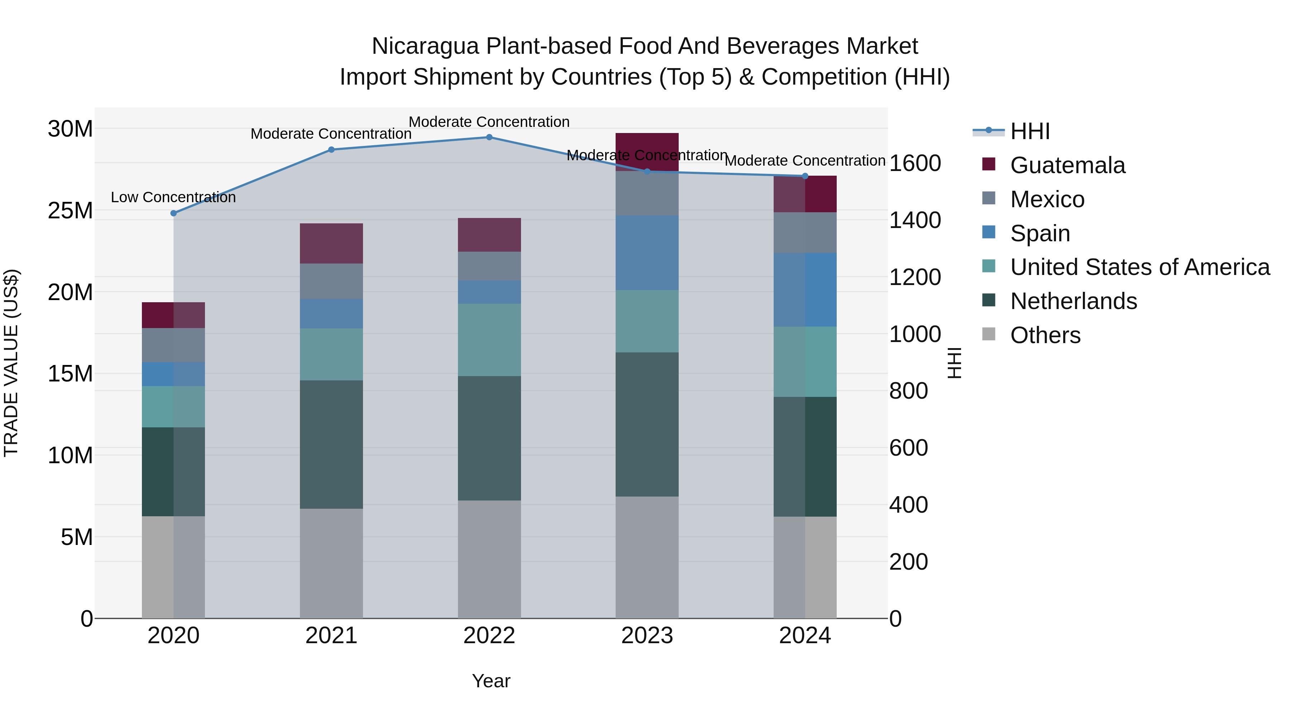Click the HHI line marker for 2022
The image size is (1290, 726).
coord(489,137)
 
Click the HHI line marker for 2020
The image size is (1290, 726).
coord(174,213)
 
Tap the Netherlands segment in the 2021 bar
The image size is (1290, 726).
coord(331,445)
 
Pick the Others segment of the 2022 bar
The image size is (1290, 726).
coord(489,559)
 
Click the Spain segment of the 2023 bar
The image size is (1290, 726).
coord(647,253)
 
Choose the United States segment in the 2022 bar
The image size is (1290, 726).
coord(489,340)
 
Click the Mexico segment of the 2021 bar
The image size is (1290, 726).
coord(331,281)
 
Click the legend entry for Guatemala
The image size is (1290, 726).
coord(1067,165)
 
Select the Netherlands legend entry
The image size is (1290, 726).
coord(1073,301)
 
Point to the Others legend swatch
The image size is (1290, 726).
coord(989,334)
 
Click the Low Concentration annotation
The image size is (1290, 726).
coord(173,198)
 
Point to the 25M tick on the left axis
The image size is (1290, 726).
coord(70,211)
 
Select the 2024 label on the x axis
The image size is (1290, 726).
coord(805,636)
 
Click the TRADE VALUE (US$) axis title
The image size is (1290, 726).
coord(11,363)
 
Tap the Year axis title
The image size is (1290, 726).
coord(491,681)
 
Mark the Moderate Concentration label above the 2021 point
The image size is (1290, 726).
coord(331,134)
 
